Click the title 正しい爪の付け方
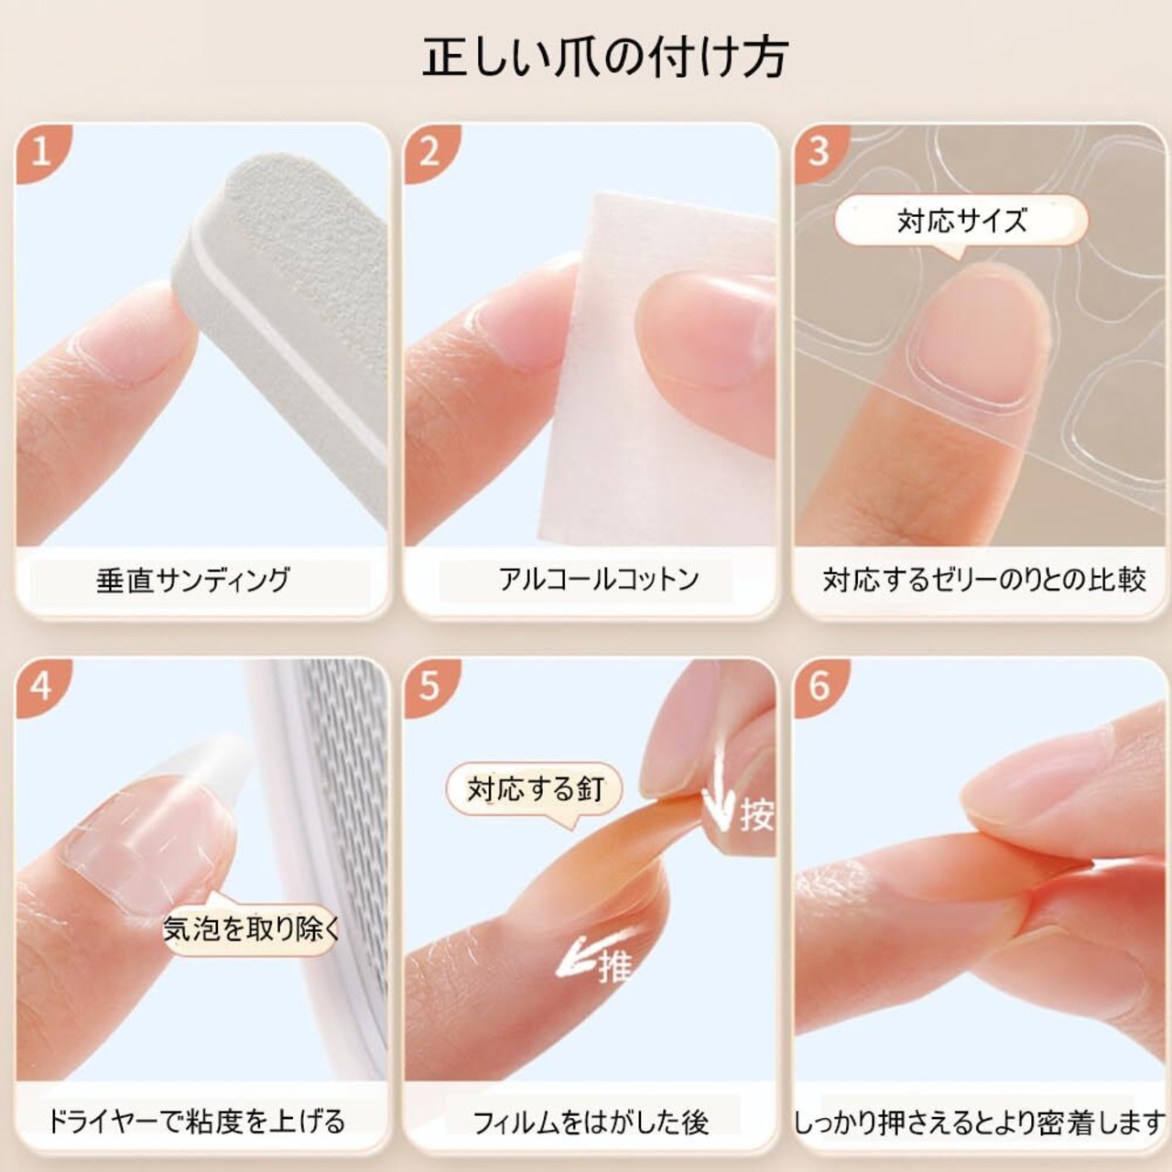pyautogui.click(x=605, y=59)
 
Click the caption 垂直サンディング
pyautogui.click(x=193, y=580)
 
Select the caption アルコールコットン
pyautogui.click(x=599, y=580)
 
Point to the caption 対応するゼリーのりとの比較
pyautogui.click(x=984, y=580)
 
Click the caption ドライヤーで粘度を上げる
pyautogui.click(x=197, y=1121)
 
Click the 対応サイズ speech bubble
pyautogui.click(x=961, y=222)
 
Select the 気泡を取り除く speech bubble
pyautogui.click(x=251, y=928)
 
